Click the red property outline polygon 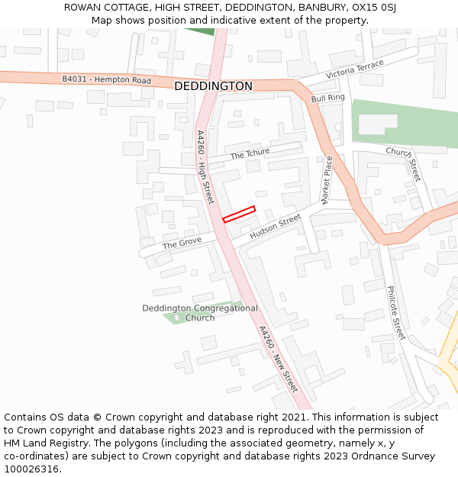(x=239, y=214)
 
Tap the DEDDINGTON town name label (x=213, y=86)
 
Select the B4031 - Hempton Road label (x=107, y=80)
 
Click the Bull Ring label (x=328, y=98)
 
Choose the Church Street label (x=403, y=163)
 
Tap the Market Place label (x=327, y=180)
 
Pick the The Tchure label (x=250, y=154)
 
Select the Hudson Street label (x=276, y=227)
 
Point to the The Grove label (x=182, y=243)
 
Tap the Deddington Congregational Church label (x=200, y=313)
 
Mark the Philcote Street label (x=395, y=313)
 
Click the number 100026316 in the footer (x=31, y=469)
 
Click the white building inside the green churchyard (x=378, y=124)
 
